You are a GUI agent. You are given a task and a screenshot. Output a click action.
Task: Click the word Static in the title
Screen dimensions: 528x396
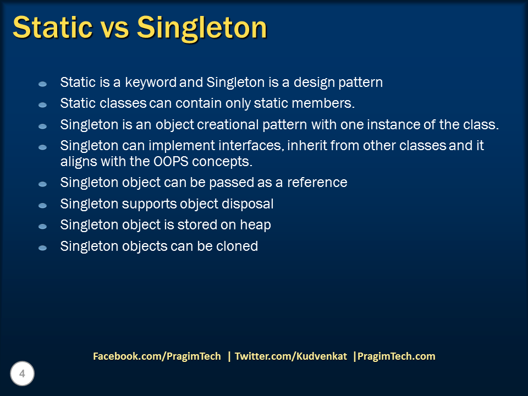53,27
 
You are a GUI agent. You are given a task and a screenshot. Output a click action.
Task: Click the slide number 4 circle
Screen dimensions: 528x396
22,373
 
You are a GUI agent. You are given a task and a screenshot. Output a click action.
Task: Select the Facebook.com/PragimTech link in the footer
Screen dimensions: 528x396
157,356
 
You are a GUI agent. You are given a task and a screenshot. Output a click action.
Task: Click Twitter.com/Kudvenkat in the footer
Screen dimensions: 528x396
291,356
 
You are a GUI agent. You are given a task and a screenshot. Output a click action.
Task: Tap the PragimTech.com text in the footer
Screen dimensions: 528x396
397,356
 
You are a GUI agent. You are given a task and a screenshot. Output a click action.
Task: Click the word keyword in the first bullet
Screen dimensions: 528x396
151,82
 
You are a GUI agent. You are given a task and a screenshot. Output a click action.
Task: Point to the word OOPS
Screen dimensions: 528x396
171,162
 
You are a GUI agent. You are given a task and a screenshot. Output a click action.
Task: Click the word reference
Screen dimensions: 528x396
317,183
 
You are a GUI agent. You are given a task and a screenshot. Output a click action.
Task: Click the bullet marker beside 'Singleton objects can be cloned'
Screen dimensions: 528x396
42,248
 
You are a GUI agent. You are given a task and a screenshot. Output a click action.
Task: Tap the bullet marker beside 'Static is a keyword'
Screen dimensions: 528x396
42,84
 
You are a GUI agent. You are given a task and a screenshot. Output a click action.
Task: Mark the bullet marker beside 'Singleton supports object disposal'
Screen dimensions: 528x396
42,205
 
